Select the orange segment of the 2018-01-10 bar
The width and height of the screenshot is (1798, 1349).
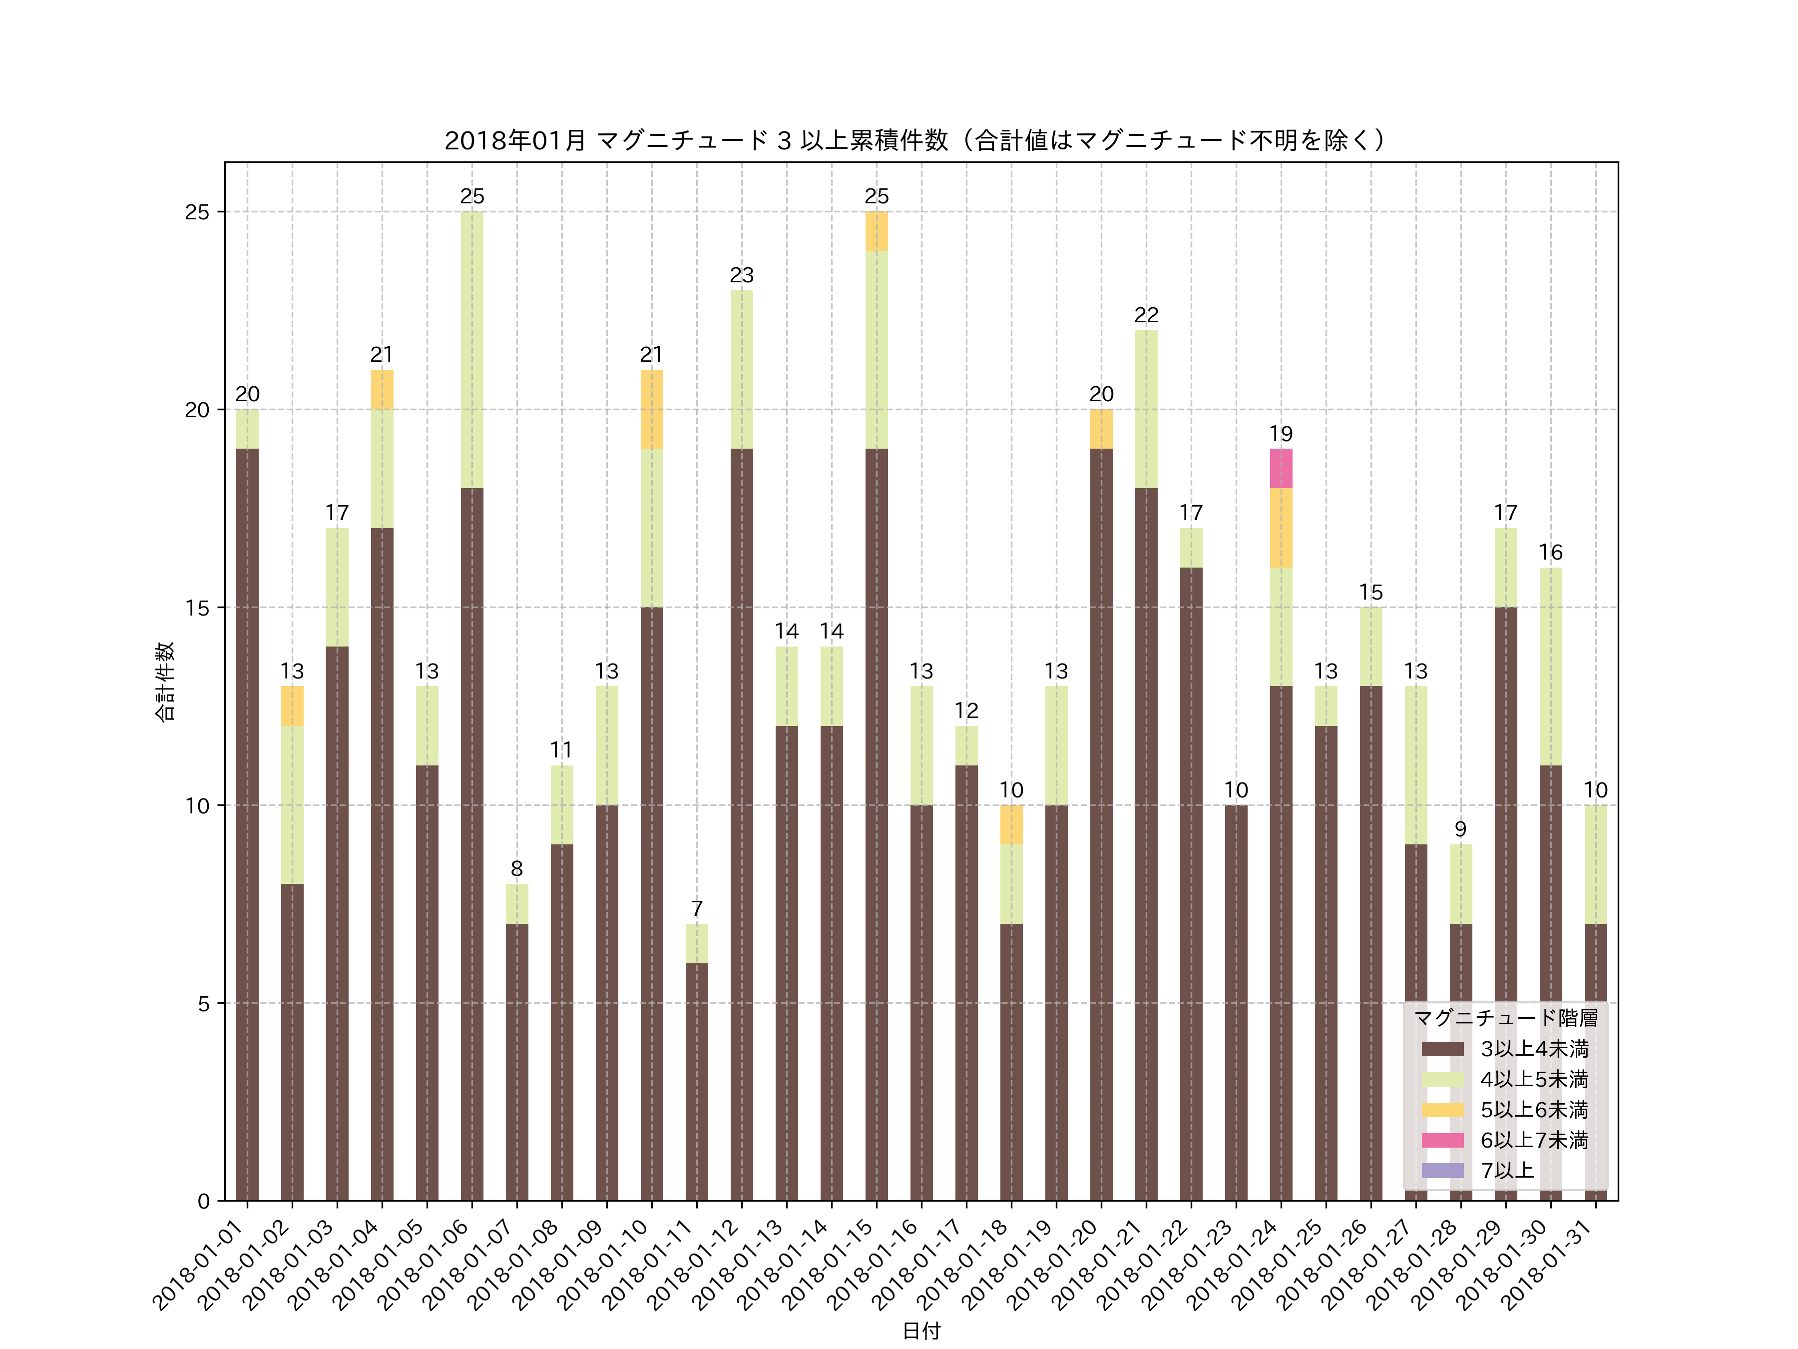[651, 409]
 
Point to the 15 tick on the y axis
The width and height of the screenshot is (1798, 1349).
[197, 608]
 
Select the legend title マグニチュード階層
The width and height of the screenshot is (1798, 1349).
[1505, 1018]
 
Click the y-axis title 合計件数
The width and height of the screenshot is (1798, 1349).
[165, 681]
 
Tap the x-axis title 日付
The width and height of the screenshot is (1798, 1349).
[921, 1331]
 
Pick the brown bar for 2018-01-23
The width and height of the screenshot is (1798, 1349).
[1236, 1003]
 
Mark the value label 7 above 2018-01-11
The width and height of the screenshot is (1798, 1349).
[697, 908]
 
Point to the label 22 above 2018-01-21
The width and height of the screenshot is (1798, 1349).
[1146, 315]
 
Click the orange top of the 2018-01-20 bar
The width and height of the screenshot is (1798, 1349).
[1101, 429]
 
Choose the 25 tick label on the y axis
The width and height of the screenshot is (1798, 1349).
[197, 212]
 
